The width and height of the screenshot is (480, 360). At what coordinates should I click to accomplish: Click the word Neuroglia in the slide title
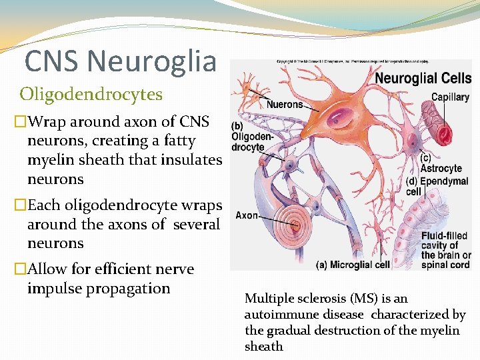(152, 61)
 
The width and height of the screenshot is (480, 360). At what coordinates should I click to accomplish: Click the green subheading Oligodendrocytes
(91, 94)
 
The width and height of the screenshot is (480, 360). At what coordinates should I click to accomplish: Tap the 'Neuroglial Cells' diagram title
(423, 78)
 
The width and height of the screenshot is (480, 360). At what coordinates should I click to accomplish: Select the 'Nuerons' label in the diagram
(285, 104)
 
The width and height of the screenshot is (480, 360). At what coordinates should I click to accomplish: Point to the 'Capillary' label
(450, 97)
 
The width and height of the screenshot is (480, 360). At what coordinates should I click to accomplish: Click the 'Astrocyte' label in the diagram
(441, 169)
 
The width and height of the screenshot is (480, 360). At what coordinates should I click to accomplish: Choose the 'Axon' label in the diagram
(247, 216)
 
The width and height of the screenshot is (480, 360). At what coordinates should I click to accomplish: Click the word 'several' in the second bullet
(196, 224)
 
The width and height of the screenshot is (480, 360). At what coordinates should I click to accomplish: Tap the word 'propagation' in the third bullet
(132, 289)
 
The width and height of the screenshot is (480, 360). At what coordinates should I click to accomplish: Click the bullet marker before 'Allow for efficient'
(20, 269)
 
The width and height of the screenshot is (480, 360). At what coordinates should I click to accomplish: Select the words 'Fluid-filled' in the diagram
(444, 236)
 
